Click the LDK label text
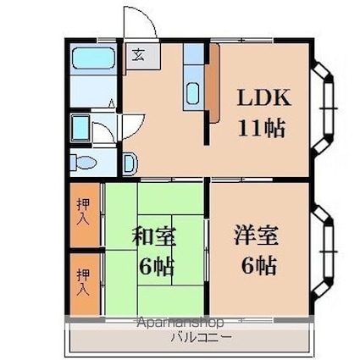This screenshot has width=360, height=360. pos(263,97)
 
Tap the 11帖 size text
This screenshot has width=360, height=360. pos(261,128)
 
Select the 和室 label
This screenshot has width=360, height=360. pos(154,235)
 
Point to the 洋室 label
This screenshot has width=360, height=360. pos(256,235)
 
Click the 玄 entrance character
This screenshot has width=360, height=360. pos(139,55)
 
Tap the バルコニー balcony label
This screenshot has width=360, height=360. pos(202,337)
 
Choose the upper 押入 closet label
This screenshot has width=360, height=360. pos(84,212)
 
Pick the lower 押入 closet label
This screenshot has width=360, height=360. pos(84,282)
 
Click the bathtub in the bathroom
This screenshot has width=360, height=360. pos(93,58)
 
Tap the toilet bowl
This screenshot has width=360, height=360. pos(85,163)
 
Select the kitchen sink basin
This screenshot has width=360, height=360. pos(194,92)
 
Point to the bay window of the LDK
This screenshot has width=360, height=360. pos(323,108)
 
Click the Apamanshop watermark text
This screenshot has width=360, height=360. pos(180,323)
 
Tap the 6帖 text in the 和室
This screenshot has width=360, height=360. pos(156,267)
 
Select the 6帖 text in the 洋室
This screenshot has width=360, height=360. pos(258,265)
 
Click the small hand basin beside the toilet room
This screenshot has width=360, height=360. pos(130,163)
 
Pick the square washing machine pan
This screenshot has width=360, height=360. pos(80,128)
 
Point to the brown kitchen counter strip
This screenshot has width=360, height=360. pos(214,83)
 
